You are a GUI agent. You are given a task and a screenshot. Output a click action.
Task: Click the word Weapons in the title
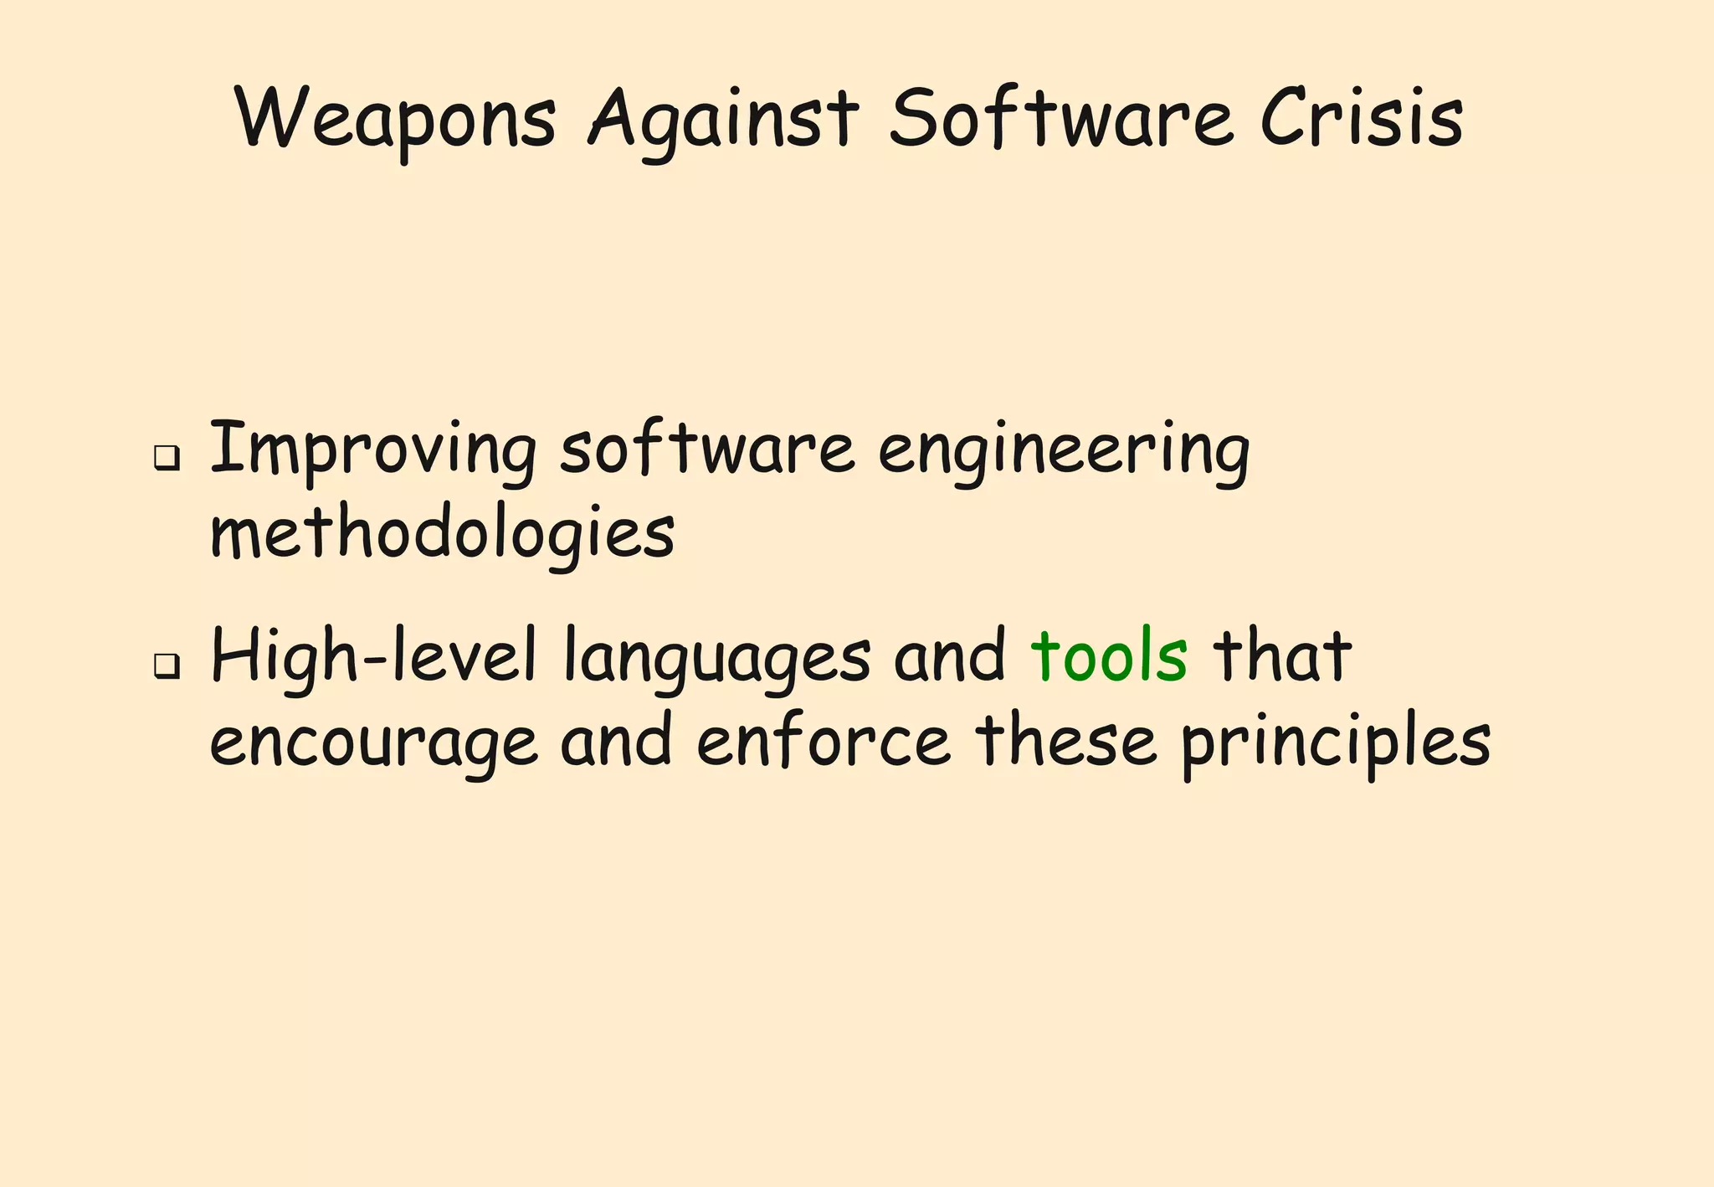click(x=396, y=119)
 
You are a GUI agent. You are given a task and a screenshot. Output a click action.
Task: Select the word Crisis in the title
click(x=1362, y=119)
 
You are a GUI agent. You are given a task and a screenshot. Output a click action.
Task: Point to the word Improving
click(x=373, y=452)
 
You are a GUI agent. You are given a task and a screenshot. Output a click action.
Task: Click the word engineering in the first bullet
click(x=1064, y=452)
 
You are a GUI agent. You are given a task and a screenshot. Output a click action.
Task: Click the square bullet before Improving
click(x=167, y=458)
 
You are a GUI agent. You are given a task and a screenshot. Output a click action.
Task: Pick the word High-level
click(x=373, y=658)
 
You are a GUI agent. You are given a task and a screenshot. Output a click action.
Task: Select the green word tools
click(x=1109, y=656)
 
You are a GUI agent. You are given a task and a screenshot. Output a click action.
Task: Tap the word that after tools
click(x=1282, y=656)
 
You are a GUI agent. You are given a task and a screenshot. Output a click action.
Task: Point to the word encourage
click(x=373, y=743)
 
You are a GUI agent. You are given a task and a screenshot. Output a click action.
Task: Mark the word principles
click(x=1336, y=743)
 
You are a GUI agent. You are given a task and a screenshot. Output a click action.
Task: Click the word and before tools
click(x=950, y=656)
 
